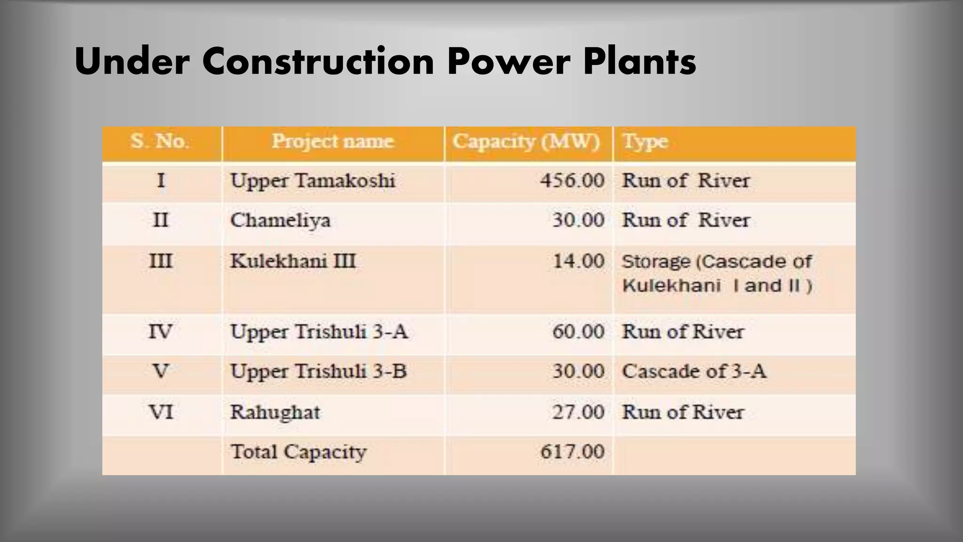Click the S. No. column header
(x=160, y=141)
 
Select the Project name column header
(x=333, y=141)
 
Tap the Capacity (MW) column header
(x=526, y=141)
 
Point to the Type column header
(x=645, y=141)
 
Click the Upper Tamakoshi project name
(x=313, y=181)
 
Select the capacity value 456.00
(x=572, y=181)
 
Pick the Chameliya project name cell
(x=281, y=220)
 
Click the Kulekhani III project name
(x=293, y=262)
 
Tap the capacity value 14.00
(x=578, y=261)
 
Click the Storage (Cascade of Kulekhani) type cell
(x=717, y=273)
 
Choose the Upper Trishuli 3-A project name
(x=319, y=332)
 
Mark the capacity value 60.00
(x=578, y=332)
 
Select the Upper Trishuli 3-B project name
(x=318, y=372)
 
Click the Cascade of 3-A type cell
(x=694, y=372)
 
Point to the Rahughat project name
(x=275, y=413)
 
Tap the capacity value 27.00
(x=578, y=412)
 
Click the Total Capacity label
(x=299, y=452)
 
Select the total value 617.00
(x=572, y=452)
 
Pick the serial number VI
(x=161, y=413)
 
